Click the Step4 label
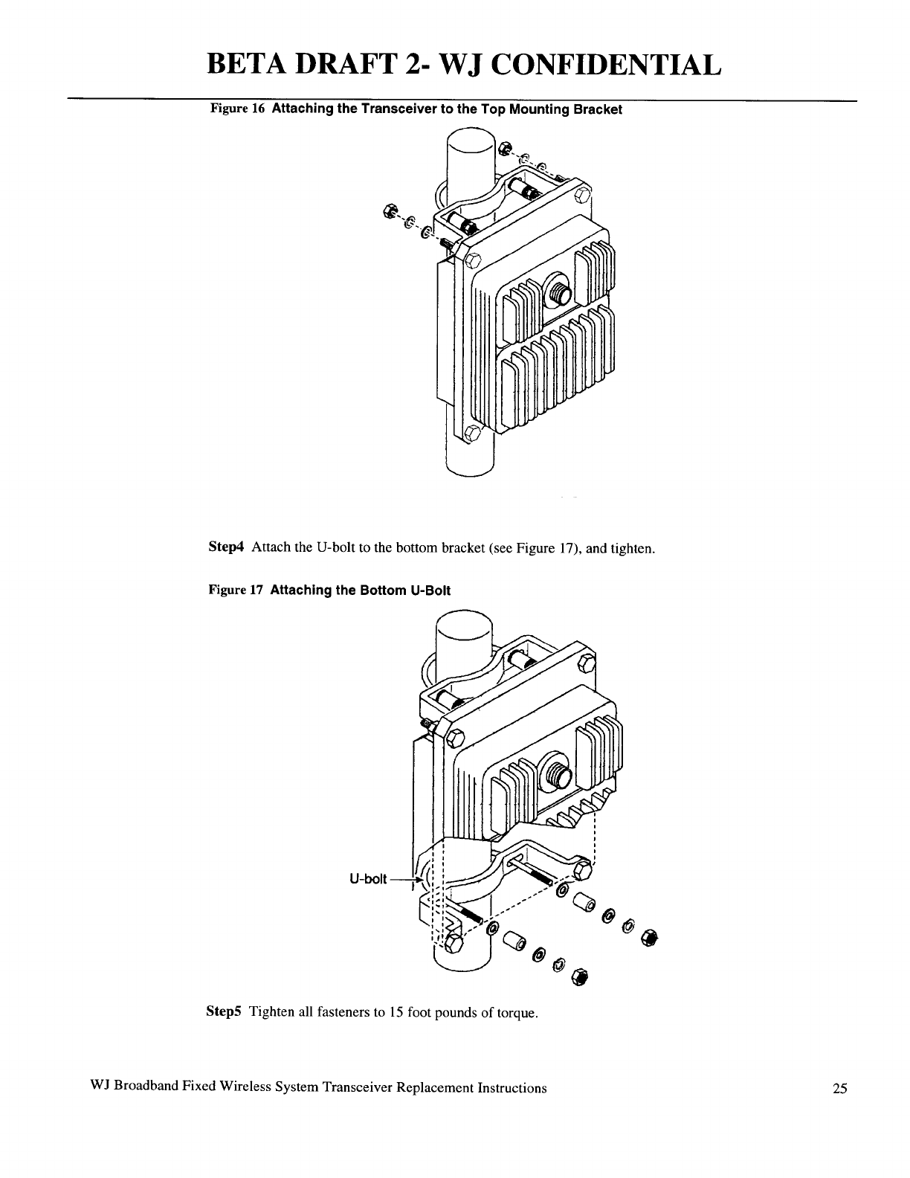(x=225, y=549)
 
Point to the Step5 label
(x=223, y=1013)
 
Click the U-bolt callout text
(x=368, y=881)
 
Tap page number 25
(x=839, y=1089)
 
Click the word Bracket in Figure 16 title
(x=598, y=109)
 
